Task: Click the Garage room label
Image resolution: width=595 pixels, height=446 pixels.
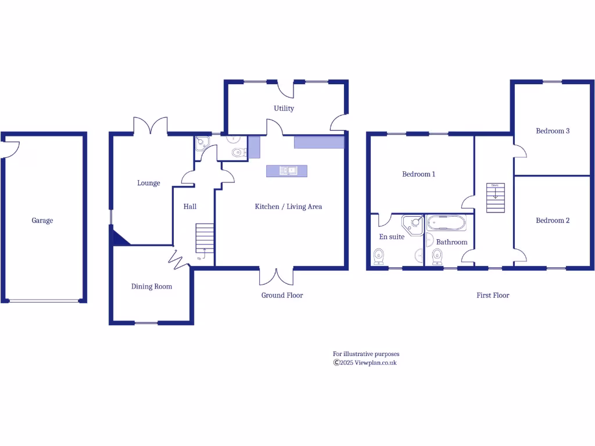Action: (42, 221)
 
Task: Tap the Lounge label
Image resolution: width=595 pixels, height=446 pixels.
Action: (149, 183)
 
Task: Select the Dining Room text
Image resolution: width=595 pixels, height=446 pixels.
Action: (152, 286)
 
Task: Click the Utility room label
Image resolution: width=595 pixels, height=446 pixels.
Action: (284, 108)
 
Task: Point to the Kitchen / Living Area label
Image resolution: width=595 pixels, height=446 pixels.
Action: (288, 207)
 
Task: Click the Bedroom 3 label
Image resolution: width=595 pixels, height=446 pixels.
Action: (553, 131)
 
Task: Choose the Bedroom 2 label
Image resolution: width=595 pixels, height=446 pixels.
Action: (553, 221)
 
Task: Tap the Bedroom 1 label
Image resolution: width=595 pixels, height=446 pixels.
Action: (418, 174)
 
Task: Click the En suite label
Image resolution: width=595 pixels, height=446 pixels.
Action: (392, 237)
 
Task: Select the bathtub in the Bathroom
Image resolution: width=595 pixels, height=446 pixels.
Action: (446, 223)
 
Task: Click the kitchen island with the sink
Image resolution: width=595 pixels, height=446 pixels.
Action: (286, 171)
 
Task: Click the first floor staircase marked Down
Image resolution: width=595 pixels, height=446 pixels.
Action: (495, 198)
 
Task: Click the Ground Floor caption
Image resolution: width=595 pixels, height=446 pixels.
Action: (282, 295)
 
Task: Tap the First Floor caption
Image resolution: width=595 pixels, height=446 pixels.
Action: (493, 295)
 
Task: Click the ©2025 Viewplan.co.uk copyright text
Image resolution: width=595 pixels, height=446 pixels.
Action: (365, 362)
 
